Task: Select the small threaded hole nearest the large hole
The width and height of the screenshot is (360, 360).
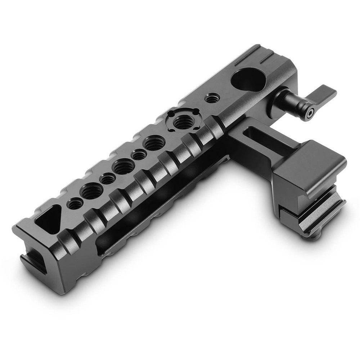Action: (x=210, y=98)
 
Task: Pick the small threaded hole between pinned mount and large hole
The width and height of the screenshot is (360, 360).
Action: (x=210, y=98)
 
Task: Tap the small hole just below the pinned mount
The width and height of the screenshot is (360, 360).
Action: (x=138, y=155)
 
